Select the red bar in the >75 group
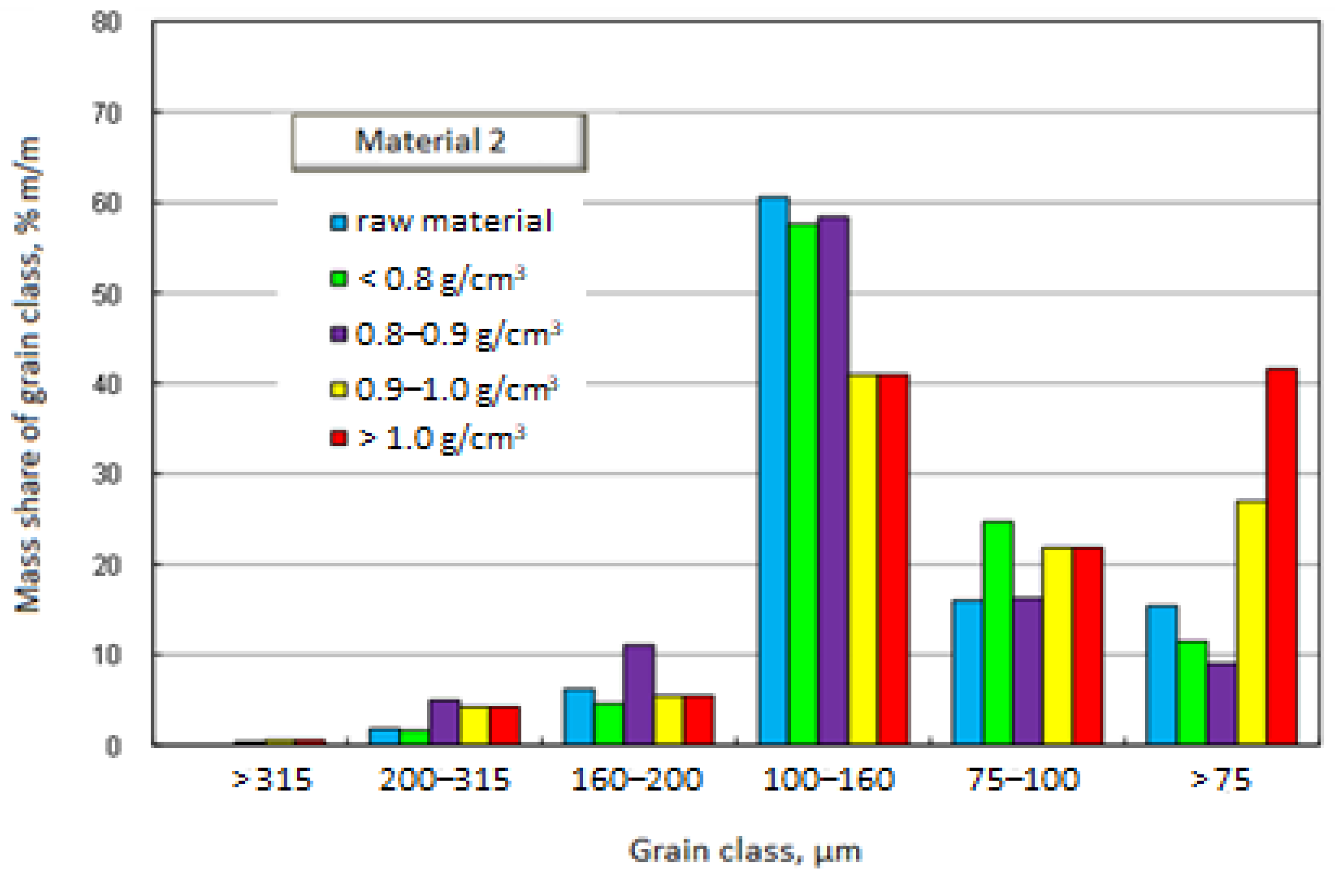point(1283,555)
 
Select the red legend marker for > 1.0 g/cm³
point(339,438)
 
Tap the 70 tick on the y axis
point(106,114)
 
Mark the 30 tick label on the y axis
point(106,475)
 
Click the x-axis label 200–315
point(444,780)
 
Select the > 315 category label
point(272,780)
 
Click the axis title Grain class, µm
point(744,851)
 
